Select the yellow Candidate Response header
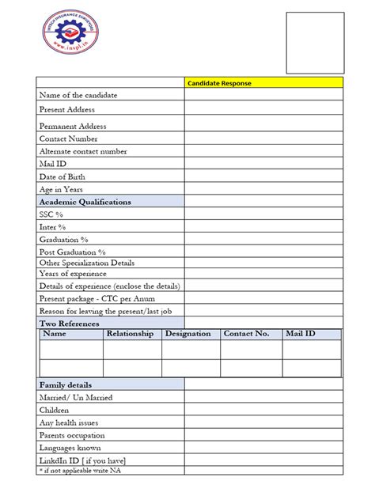(264, 82)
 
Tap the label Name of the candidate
(78, 95)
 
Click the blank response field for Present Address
(264, 110)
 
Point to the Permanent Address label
(73, 126)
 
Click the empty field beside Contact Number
(264, 138)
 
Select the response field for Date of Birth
(264, 176)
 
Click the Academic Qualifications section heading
(85, 202)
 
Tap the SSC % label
(51, 214)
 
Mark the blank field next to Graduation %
(264, 239)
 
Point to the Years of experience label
(73, 274)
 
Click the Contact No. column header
(247, 334)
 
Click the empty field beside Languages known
(264, 448)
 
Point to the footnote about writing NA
(80, 470)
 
